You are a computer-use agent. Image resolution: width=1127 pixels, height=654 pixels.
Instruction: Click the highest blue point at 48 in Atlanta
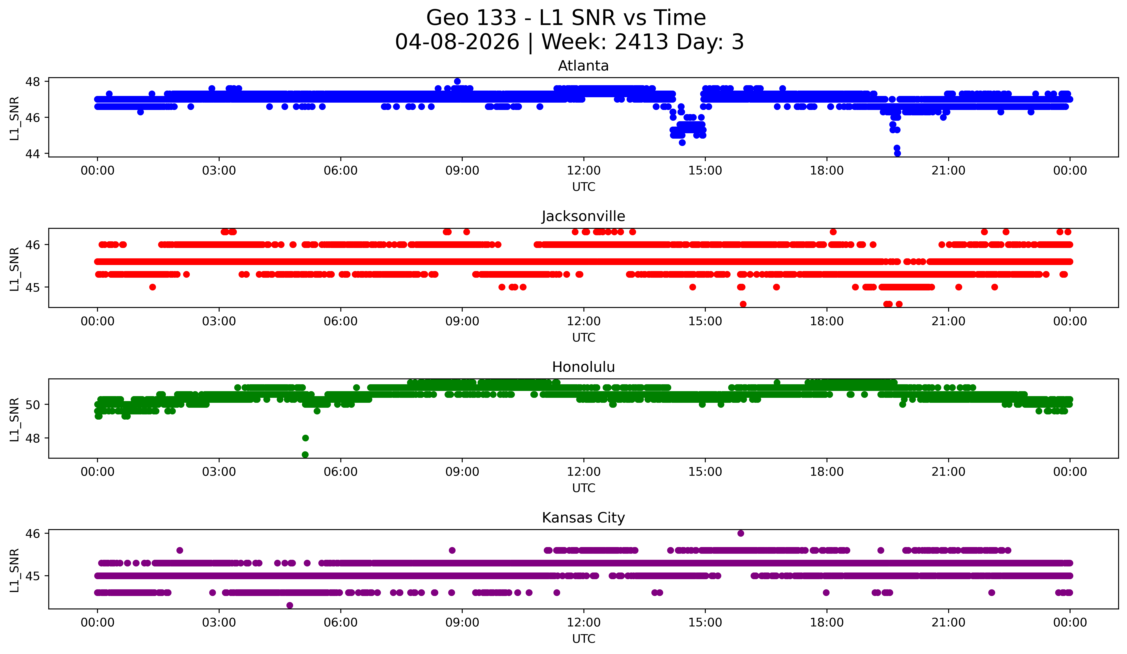tap(457, 81)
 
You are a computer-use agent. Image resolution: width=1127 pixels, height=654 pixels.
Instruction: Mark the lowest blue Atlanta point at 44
tap(897, 153)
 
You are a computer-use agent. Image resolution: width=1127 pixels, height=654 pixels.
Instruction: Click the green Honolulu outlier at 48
tap(305, 438)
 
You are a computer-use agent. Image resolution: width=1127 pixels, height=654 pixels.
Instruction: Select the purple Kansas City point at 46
tap(741, 533)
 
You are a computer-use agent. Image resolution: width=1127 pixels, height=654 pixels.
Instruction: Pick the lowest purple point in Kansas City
tap(290, 605)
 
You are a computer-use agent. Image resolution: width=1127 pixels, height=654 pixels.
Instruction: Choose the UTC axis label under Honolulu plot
tap(583, 488)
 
